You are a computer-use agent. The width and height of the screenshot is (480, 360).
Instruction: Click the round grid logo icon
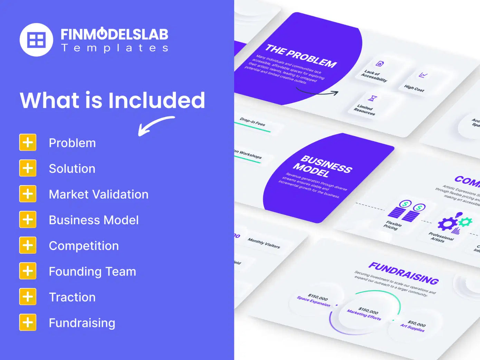[36, 40]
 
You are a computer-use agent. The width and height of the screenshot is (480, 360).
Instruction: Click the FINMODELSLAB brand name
[114, 34]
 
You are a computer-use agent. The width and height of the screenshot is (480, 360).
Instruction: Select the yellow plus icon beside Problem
[28, 143]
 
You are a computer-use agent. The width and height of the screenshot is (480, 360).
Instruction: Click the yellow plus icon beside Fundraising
[28, 322]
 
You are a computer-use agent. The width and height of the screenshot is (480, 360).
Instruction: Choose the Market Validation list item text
[98, 194]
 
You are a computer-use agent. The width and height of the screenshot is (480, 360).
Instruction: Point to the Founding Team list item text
[92, 271]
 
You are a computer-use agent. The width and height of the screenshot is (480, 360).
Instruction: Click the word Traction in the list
[72, 297]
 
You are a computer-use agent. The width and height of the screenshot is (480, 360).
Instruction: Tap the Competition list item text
[84, 246]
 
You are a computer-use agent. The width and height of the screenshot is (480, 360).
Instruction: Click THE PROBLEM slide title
[300, 56]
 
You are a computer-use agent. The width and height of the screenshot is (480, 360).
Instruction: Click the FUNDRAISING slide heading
[403, 273]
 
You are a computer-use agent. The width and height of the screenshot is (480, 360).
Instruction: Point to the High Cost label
[414, 88]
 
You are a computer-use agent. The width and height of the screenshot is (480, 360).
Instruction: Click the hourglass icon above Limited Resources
[372, 98]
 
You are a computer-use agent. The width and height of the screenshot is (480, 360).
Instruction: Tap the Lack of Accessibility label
[374, 76]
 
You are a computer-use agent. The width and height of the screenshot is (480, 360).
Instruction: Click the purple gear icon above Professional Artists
[447, 224]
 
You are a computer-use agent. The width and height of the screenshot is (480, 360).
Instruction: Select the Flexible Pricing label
[393, 225]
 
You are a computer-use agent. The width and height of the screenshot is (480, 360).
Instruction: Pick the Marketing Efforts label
[364, 314]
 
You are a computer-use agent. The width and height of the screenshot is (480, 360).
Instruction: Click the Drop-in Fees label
[252, 121]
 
